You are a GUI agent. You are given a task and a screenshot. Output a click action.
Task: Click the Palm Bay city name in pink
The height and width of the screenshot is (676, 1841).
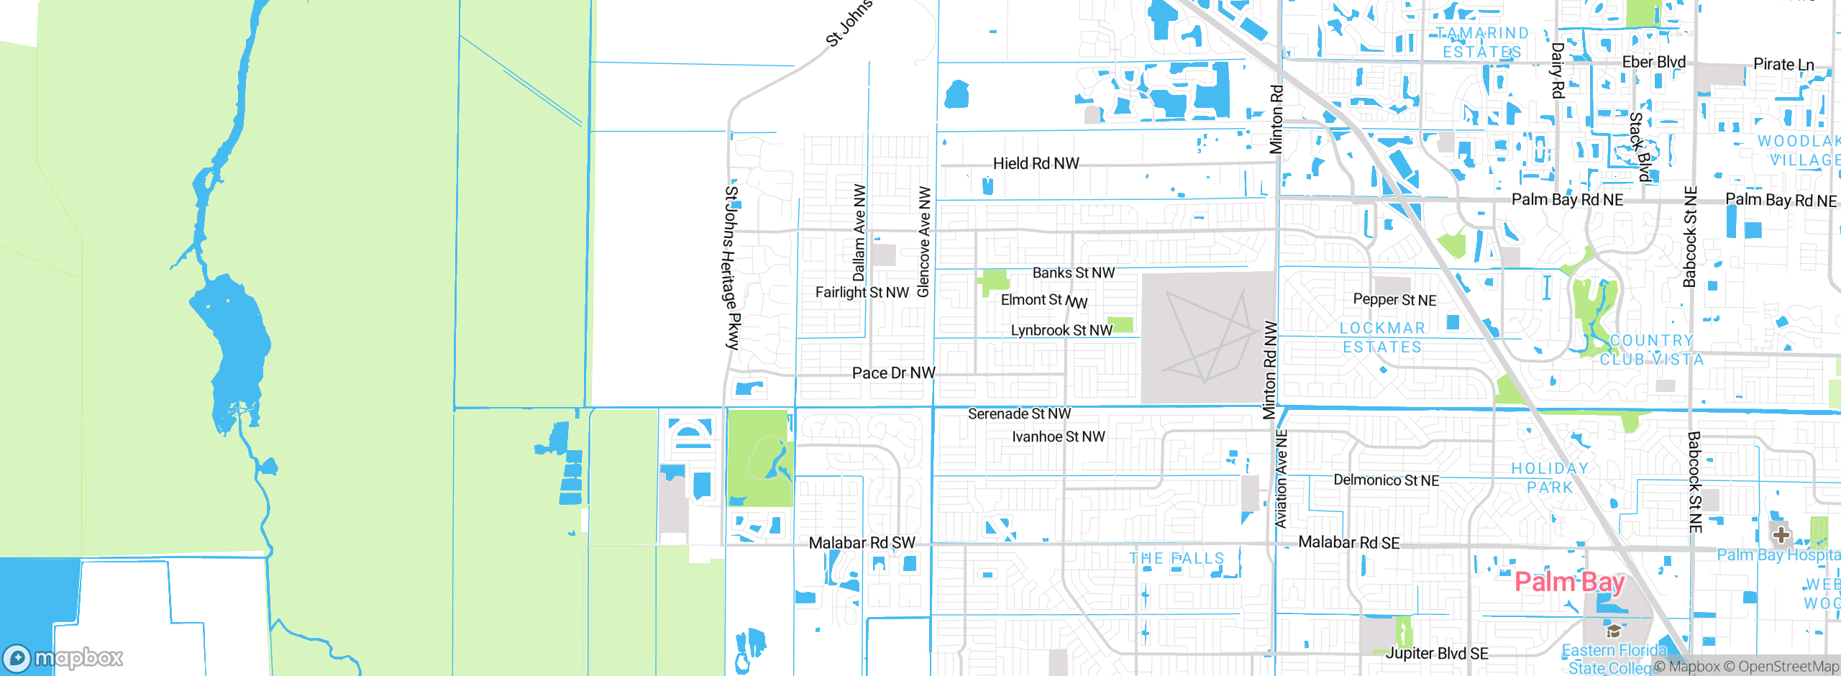pos(1569,582)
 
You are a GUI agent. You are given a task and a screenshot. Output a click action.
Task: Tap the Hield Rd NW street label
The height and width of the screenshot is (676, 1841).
pos(1036,164)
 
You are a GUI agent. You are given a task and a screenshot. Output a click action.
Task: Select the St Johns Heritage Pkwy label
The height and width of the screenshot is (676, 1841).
pos(731,268)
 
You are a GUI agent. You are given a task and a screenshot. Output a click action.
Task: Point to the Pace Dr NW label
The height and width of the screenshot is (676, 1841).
pos(893,373)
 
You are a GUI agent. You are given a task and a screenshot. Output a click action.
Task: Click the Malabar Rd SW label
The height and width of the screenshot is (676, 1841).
pos(862,543)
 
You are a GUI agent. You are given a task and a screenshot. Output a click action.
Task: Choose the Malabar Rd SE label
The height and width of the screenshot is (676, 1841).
pos(1348,543)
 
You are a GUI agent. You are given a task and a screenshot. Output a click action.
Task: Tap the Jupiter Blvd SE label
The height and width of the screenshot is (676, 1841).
pos(1437,654)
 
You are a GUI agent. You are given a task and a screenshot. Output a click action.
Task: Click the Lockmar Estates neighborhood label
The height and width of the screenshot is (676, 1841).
pos(1382,337)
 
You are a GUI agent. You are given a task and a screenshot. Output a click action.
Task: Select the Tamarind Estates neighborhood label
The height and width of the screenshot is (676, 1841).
pos(1482,42)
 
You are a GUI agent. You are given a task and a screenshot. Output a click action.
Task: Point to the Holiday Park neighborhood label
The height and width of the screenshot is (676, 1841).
pos(1550,478)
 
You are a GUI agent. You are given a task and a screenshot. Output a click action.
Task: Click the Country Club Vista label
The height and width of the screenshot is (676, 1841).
pos(1652,350)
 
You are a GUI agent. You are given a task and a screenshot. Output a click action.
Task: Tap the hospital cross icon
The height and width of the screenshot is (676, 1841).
pos(1781,535)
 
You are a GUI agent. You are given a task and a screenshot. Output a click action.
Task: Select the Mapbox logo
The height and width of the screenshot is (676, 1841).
pos(63,657)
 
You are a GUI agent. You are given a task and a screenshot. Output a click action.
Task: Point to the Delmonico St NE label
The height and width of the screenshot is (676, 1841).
pos(1386,480)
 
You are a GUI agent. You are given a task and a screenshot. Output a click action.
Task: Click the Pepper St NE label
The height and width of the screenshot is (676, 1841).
pos(1394,300)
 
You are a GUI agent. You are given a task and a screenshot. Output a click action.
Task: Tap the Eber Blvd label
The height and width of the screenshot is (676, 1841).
pos(1653,63)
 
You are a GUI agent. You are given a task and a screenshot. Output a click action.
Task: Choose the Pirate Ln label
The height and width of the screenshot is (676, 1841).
pos(1783,65)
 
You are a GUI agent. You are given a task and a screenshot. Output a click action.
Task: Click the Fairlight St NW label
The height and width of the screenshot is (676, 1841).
pos(862,293)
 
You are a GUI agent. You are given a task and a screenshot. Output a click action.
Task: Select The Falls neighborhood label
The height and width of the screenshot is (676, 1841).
pos(1177,559)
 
